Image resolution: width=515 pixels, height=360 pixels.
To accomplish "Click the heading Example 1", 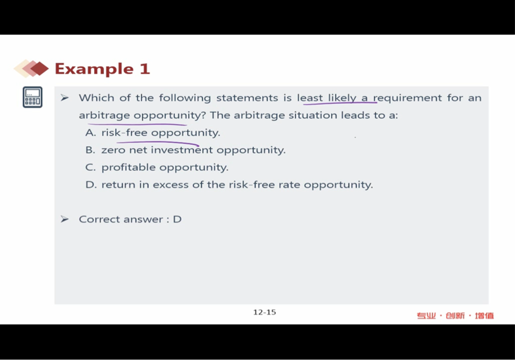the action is point(102,69).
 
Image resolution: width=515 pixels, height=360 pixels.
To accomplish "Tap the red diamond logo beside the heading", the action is point(31,68).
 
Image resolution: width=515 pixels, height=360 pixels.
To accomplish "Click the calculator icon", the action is point(33,97).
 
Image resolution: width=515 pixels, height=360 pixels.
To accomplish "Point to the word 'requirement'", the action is point(407,98).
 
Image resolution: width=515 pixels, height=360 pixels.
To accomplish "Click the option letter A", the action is point(90,133).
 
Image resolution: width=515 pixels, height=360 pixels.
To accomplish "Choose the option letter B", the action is point(90,150).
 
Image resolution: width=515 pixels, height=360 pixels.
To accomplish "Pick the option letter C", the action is point(90,167).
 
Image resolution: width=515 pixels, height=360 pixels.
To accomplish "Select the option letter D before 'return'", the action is point(91,185).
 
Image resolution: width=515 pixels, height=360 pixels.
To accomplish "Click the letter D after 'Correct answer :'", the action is point(177,219).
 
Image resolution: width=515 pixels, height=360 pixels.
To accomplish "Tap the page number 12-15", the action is point(265,312).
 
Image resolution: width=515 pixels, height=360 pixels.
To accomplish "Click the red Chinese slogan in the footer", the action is point(455,316).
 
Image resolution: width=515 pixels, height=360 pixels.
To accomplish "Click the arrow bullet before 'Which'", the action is point(65,98).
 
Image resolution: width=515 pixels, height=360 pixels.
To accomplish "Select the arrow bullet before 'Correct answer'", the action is point(65,219).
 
